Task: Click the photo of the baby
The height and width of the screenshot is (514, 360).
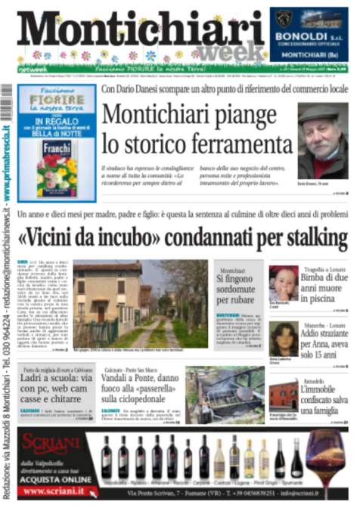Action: click(x=284, y=283)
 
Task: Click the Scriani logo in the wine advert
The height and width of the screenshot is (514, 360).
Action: click(x=57, y=444)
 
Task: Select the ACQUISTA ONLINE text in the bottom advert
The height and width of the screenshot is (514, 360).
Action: click(x=56, y=478)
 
